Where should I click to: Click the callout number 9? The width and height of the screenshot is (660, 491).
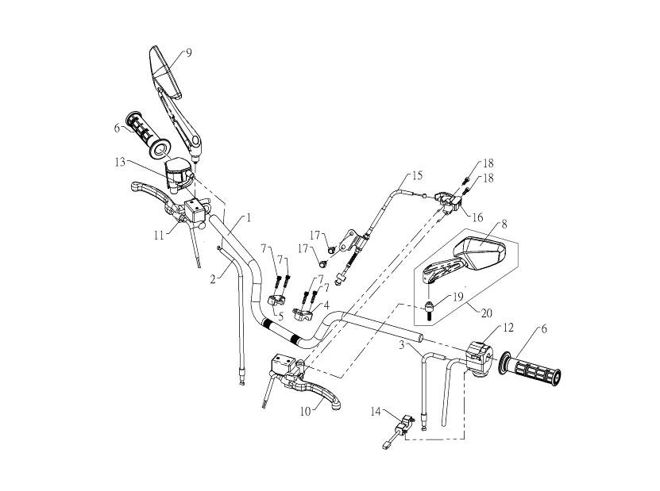pyautogui.click(x=188, y=53)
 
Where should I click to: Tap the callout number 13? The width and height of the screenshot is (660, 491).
pyautogui.click(x=121, y=163)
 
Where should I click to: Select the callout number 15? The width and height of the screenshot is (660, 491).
pyautogui.click(x=417, y=175)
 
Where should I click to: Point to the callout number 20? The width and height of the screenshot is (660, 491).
pyautogui.click(x=486, y=313)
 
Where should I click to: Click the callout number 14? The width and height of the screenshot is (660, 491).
pyautogui.click(x=376, y=411)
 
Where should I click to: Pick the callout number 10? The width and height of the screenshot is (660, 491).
pyautogui.click(x=305, y=411)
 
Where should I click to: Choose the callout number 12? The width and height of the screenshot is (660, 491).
pyautogui.click(x=508, y=328)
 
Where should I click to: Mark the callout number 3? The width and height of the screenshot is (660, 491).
pyautogui.click(x=402, y=345)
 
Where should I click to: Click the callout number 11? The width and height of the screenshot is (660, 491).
pyautogui.click(x=158, y=235)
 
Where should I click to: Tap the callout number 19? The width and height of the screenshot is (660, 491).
pyautogui.click(x=457, y=297)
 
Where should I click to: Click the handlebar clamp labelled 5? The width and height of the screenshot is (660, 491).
pyautogui.click(x=274, y=301)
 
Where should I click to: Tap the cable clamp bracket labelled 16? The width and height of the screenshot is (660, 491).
pyautogui.click(x=448, y=201)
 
